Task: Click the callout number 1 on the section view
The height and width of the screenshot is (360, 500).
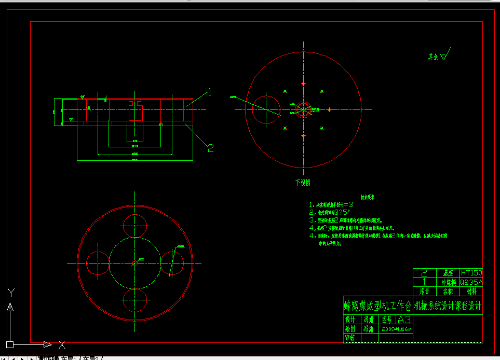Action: click(210, 92)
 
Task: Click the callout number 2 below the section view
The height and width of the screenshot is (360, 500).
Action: click(211, 148)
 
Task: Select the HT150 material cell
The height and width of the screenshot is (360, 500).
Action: click(471, 273)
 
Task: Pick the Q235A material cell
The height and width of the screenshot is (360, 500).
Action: click(471, 282)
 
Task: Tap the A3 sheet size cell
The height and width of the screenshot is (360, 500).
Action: click(404, 319)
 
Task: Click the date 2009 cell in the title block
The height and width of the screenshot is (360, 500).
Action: click(396, 329)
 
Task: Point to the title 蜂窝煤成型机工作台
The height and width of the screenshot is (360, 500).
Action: click(377, 305)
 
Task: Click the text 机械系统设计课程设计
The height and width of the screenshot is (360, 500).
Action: click(448, 306)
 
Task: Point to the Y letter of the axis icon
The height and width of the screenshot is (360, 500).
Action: click(10, 293)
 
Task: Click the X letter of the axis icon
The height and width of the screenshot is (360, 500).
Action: click(62, 344)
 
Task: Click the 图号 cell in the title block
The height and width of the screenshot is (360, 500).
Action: click(387, 320)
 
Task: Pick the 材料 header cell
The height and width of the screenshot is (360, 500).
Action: click(471, 292)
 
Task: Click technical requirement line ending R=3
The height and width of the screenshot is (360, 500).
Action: click(337, 205)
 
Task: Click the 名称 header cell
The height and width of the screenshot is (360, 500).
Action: click(447, 292)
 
